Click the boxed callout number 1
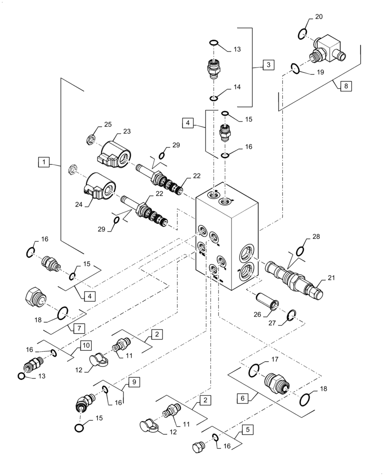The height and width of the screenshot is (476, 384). [x=44, y=163]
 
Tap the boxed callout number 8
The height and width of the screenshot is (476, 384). [x=346, y=86]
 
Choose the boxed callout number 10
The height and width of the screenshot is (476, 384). [x=84, y=344]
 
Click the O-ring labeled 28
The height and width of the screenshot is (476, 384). [x=301, y=251]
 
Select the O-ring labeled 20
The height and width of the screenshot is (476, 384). [x=302, y=34]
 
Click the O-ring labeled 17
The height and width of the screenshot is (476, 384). [x=255, y=369]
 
